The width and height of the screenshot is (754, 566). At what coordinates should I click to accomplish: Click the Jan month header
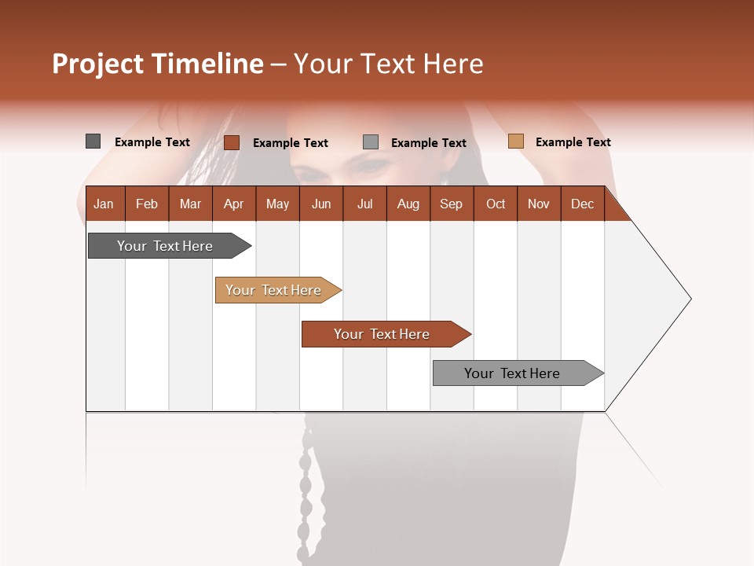[x=104, y=204]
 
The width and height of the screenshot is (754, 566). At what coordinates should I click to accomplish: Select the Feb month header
[x=147, y=204]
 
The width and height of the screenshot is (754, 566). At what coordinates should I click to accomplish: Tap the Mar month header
[x=190, y=204]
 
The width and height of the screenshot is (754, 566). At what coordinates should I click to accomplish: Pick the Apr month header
[x=234, y=204]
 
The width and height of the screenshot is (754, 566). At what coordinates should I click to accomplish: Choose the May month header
[x=277, y=204]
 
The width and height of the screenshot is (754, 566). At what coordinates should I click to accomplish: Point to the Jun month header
[x=321, y=204]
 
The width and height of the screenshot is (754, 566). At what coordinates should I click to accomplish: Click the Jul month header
[x=364, y=204]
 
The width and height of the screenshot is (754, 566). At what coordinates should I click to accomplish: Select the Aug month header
[x=408, y=204]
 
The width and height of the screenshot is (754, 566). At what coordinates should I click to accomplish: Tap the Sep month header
[x=452, y=204]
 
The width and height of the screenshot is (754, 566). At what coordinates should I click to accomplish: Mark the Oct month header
[x=496, y=204]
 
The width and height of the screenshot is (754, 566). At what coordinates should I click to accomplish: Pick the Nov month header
[x=539, y=204]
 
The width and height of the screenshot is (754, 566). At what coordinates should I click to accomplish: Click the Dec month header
[x=583, y=204]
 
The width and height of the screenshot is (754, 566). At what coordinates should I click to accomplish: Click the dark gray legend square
[x=93, y=141]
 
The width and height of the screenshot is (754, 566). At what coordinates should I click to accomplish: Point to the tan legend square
[x=515, y=141]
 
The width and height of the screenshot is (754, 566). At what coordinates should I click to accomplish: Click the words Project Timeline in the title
[x=158, y=64]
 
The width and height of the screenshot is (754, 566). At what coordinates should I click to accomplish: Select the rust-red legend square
[x=232, y=142]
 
